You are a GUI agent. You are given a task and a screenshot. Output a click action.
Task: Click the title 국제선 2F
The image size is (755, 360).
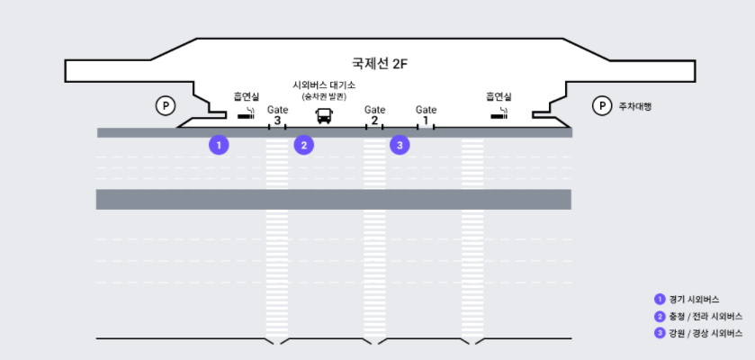click(x=380, y=65)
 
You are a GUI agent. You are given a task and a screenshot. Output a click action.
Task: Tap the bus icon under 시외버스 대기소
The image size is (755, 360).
click(x=323, y=115)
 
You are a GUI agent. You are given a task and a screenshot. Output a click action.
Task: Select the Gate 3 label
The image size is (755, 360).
click(x=277, y=115)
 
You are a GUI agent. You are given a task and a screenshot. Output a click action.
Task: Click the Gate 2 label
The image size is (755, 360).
click(x=374, y=115)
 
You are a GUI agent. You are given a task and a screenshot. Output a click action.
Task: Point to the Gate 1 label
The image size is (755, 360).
click(x=426, y=115)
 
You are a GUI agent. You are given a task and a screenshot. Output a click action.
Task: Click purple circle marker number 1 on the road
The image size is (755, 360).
click(x=219, y=144)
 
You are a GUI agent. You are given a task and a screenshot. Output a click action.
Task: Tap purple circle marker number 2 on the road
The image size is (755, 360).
click(x=304, y=144)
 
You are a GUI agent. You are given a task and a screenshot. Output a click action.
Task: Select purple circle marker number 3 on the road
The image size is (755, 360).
click(x=400, y=144)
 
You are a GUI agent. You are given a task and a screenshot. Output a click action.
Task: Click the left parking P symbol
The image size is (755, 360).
click(x=166, y=106)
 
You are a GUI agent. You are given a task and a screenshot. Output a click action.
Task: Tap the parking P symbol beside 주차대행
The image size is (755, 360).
click(x=601, y=106)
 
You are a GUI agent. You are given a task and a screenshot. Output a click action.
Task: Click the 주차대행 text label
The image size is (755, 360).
click(x=634, y=106)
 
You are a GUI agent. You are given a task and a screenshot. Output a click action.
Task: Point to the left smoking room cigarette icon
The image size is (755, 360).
click(x=246, y=114)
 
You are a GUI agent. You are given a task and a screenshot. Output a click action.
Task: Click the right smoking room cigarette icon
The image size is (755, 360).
click(x=499, y=114)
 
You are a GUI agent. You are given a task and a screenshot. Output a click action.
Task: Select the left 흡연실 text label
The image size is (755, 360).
click(x=246, y=96)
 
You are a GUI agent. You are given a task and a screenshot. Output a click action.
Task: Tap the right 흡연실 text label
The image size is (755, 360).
click(x=499, y=96)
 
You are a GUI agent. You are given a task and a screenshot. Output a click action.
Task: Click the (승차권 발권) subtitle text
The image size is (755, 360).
click(x=323, y=95)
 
